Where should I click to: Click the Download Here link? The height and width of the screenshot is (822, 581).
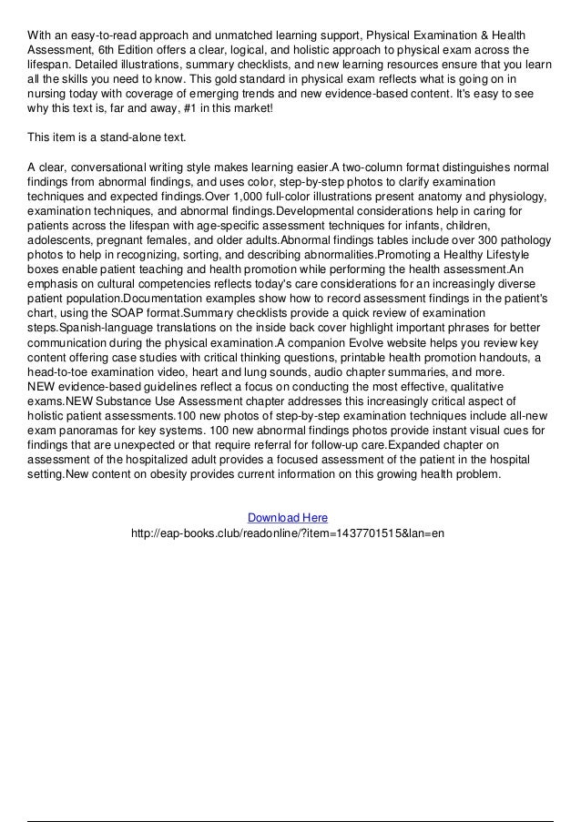pos(288,518)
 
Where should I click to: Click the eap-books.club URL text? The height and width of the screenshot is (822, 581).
pos(288,533)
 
